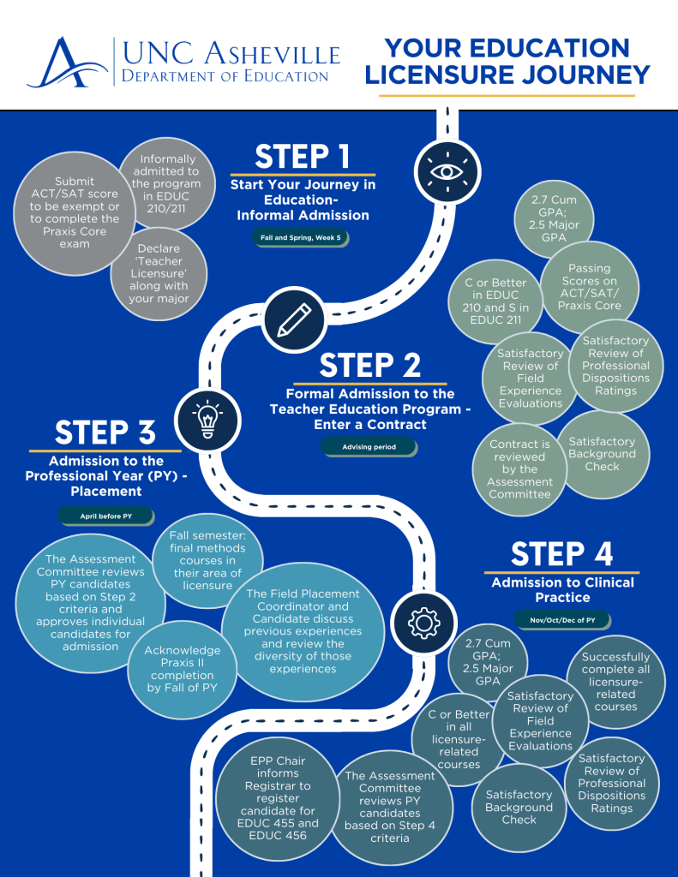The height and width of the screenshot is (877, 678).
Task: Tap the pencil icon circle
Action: click(x=294, y=319)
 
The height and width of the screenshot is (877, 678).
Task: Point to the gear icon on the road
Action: click(x=423, y=623)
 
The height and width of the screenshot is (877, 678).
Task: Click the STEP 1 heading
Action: click(x=303, y=157)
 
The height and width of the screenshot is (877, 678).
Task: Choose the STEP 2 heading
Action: click(x=370, y=366)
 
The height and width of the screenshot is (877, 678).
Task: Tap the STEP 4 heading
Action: click(x=561, y=554)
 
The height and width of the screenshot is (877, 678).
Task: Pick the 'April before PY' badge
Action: click(x=105, y=516)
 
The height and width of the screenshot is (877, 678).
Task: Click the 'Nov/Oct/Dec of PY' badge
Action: click(x=561, y=618)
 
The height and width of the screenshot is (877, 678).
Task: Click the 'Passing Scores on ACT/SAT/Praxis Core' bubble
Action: click(x=590, y=287)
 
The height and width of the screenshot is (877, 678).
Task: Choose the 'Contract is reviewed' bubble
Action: click(x=519, y=469)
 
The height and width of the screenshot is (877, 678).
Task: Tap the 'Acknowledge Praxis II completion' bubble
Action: click(x=182, y=668)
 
